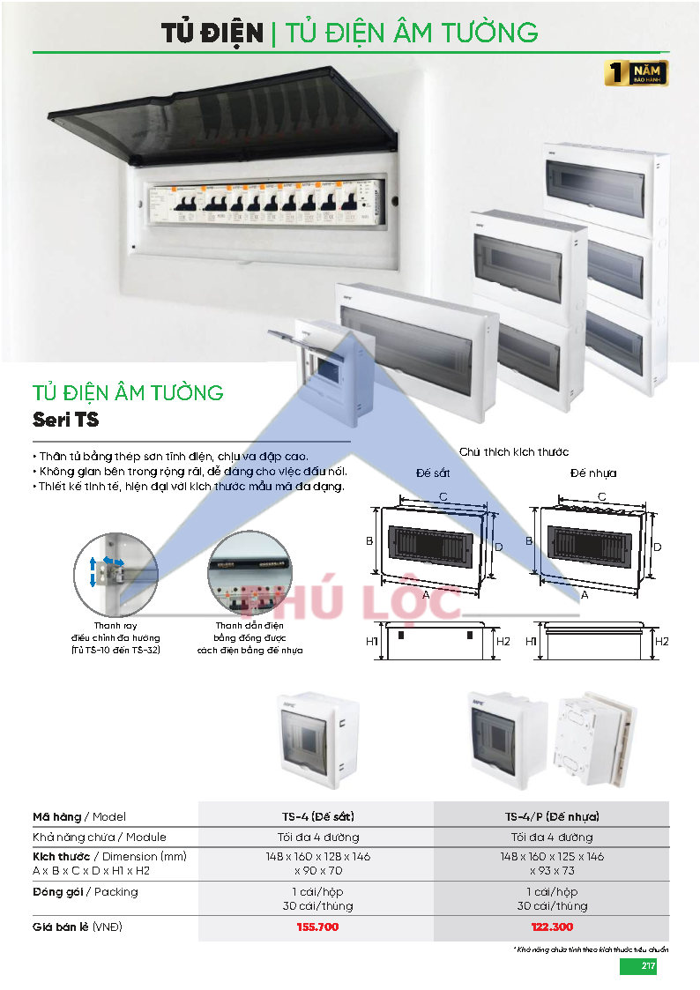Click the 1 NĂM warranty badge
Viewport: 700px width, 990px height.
(637, 73)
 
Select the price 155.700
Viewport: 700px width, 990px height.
(317, 927)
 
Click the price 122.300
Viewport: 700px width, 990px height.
(552, 927)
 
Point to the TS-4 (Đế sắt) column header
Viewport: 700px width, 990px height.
(317, 816)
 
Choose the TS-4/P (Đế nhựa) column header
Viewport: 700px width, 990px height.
(552, 816)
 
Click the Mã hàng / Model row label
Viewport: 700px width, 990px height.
(79, 816)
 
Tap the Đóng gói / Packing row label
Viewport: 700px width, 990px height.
(85, 891)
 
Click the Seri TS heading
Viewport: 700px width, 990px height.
(65, 421)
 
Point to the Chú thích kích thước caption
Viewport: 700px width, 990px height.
(514, 451)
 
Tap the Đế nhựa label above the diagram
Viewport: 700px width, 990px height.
(593, 473)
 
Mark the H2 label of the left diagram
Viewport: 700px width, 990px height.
(503, 641)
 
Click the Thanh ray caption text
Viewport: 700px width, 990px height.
(115, 636)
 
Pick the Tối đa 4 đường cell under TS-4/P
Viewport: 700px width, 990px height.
(552, 837)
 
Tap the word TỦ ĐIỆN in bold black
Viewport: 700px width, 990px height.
(212, 33)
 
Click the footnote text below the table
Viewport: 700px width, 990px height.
(591, 949)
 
